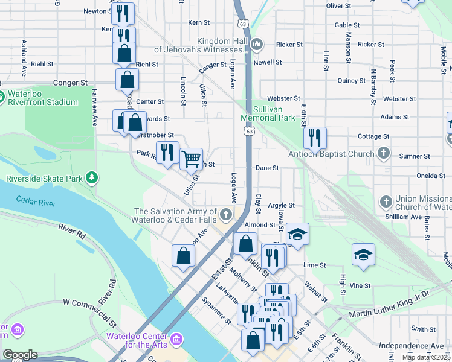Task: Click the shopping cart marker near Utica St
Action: [x=191, y=159]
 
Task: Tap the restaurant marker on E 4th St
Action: [x=315, y=138]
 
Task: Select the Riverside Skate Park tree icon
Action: [x=91, y=177]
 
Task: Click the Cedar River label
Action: [x=36, y=200]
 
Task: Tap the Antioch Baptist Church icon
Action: [x=383, y=153]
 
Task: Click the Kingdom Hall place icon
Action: [x=257, y=44]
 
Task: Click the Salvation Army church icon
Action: [x=225, y=214]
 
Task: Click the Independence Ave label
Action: [x=411, y=346]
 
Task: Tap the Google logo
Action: [x=20, y=355]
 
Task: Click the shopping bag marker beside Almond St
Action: [x=245, y=244]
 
